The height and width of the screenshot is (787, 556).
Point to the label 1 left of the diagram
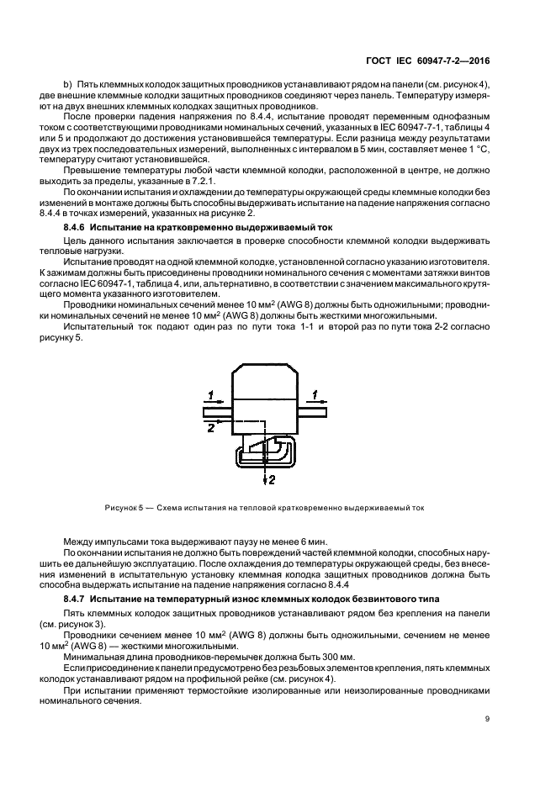(212, 393)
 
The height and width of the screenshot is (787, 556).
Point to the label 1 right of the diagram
(315, 393)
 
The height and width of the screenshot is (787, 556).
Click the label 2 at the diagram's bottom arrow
(271, 480)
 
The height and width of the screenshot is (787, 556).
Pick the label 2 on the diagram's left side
(211, 428)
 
